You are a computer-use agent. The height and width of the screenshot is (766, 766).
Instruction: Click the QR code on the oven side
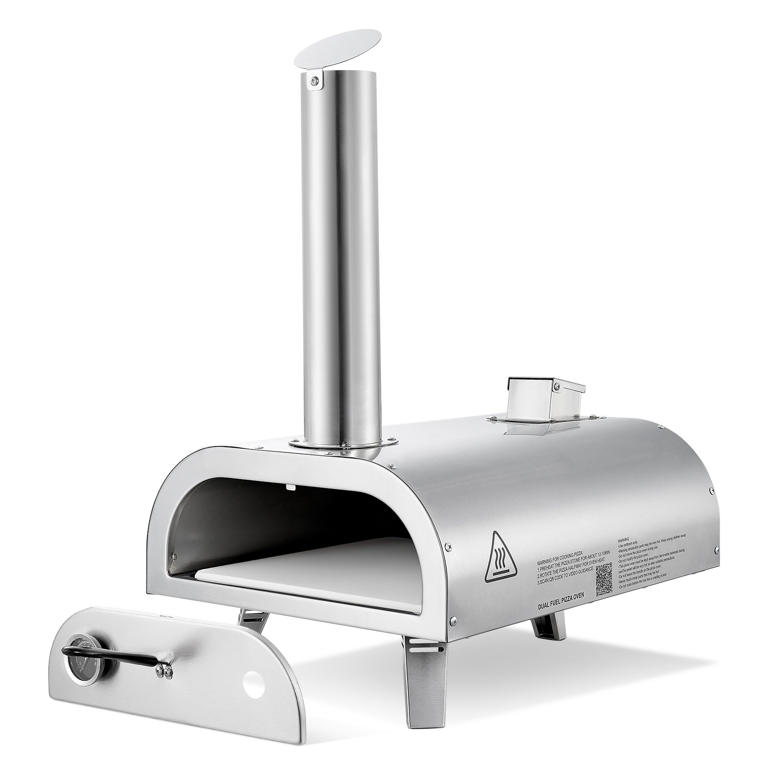click(x=604, y=579)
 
